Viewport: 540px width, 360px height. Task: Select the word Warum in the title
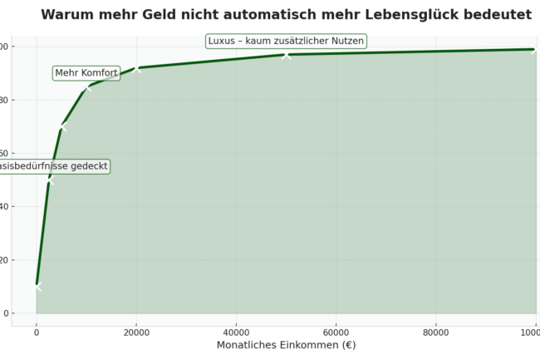click(69, 15)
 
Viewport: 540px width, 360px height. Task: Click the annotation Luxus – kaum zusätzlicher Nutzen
click(286, 41)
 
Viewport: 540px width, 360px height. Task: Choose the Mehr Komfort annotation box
click(86, 73)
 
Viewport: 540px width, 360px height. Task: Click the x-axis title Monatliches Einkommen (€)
click(286, 345)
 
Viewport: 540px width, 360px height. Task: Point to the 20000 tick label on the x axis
click(136, 332)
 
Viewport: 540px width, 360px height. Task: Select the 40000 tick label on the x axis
click(236, 332)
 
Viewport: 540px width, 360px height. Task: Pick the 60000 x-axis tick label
click(336, 332)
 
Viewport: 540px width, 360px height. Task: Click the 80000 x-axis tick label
click(435, 332)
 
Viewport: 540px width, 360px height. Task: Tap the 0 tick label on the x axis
click(37, 332)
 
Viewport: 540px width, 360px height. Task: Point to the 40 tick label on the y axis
click(4, 207)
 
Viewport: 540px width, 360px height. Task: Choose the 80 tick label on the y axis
click(4, 101)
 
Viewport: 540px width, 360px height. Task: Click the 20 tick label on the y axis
click(4, 260)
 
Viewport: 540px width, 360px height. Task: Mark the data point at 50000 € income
click(286, 55)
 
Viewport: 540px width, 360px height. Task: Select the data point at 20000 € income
click(136, 68)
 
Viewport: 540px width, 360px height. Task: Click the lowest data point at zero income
click(37, 286)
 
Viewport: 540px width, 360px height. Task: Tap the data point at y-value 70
click(61, 127)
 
